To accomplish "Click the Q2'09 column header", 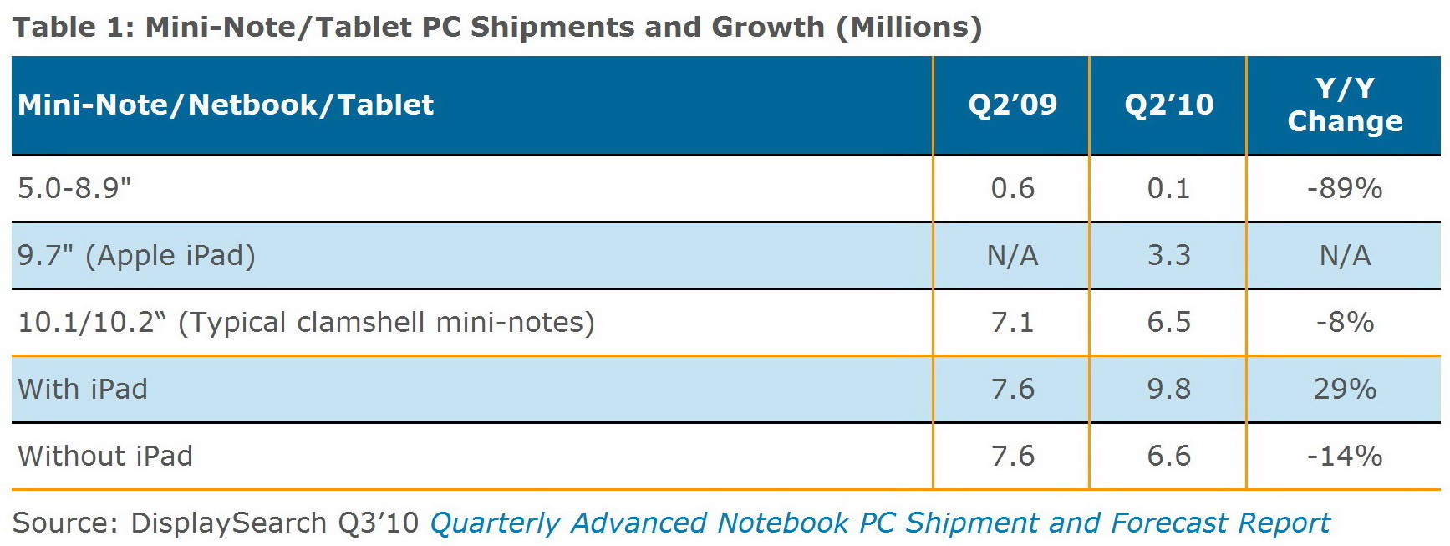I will click(x=1012, y=105).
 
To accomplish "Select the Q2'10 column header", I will click(x=1168, y=105).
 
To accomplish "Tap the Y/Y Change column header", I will click(x=1345, y=105).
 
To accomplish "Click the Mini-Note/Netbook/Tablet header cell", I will click(x=226, y=105).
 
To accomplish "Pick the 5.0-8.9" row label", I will click(x=74, y=188).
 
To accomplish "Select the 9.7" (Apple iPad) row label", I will click(x=136, y=255).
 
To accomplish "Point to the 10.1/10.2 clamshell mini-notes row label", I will click(x=306, y=322).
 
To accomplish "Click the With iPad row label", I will click(x=83, y=389).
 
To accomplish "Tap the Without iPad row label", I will click(x=105, y=456).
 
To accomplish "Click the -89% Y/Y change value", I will click(x=1345, y=188).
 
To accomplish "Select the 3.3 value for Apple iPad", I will click(x=1168, y=255).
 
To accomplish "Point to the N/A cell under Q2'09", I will click(x=1012, y=255).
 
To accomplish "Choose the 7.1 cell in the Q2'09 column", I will click(x=1012, y=322).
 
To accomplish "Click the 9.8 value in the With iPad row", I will click(x=1168, y=389).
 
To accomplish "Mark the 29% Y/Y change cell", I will click(x=1345, y=389).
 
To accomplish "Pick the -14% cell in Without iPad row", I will click(x=1345, y=456).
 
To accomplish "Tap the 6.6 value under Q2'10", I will click(x=1168, y=456).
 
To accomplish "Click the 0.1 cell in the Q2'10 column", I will click(x=1168, y=188).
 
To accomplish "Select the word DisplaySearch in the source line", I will click(x=229, y=523).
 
